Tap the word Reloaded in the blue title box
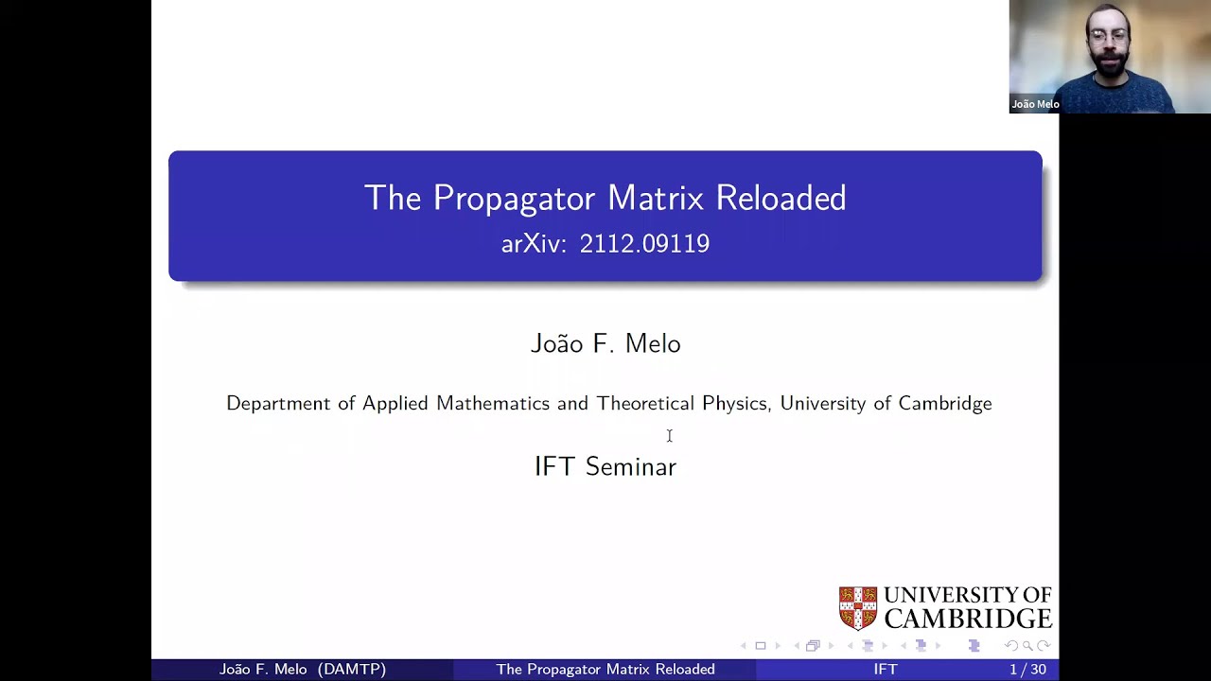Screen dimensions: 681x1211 coord(781,199)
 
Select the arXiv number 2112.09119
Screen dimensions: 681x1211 coord(644,244)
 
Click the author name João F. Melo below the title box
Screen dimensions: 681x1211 coord(605,343)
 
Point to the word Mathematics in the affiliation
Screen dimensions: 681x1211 coord(493,404)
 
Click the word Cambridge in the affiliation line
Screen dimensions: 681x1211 coord(944,404)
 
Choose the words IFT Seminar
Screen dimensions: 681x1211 coord(605,466)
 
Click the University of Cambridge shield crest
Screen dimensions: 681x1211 coord(858,608)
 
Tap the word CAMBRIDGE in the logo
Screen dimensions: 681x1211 coord(967,619)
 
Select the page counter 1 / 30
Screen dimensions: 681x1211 coord(1027,670)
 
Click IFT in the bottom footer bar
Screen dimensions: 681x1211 coord(886,670)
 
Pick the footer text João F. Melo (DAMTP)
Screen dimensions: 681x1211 coord(303,670)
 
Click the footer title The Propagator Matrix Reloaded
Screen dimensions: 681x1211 coord(605,670)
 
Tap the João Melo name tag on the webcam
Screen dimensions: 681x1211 coord(1035,104)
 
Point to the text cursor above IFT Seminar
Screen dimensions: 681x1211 coord(669,435)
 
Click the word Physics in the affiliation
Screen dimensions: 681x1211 coord(734,404)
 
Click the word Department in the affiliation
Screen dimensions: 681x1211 coord(278,404)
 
